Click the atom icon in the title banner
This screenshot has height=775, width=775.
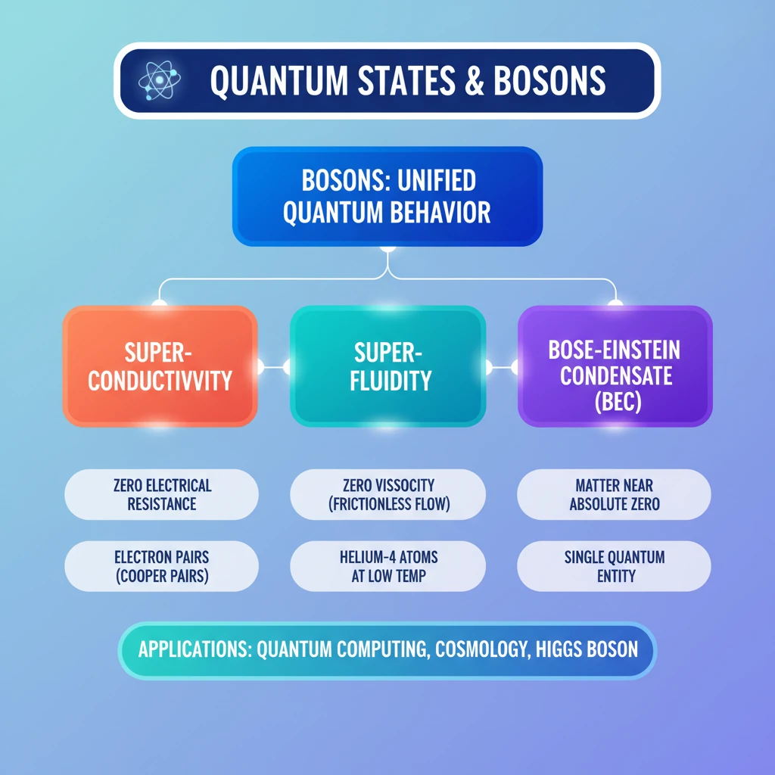tap(159, 80)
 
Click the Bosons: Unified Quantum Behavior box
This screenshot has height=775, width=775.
tap(387, 196)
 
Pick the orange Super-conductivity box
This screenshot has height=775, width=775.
tap(160, 366)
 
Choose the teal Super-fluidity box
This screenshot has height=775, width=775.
tap(388, 366)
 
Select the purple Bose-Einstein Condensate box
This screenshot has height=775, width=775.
tap(615, 366)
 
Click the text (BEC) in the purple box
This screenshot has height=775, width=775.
tap(618, 401)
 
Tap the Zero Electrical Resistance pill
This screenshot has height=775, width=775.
tap(162, 494)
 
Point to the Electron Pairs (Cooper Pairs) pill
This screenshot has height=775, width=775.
tap(162, 566)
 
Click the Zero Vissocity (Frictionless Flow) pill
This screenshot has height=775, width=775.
tap(388, 494)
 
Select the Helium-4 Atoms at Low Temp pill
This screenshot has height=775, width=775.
tap(388, 566)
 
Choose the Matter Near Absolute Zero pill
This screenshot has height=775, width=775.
tap(614, 494)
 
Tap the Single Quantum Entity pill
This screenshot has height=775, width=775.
tap(614, 566)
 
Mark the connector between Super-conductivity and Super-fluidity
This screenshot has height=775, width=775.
tap(274, 367)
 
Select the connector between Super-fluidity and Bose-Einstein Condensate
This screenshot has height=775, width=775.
tap(502, 367)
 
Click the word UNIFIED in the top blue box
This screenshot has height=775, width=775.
tap(437, 180)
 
